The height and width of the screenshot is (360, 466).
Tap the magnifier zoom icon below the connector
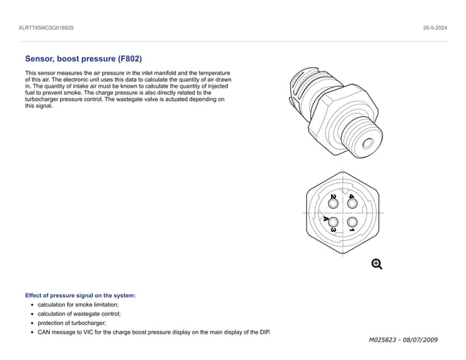377,264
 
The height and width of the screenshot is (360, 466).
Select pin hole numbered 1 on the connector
352,222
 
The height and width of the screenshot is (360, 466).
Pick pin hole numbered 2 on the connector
333,204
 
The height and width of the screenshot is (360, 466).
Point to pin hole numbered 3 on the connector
333,222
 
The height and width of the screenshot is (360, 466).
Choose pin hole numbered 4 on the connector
352,204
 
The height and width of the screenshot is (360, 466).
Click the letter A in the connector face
326,218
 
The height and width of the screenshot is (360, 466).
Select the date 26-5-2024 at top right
435,28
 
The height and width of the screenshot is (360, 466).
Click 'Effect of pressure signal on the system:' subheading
80,295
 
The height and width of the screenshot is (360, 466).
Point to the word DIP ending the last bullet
264,332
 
